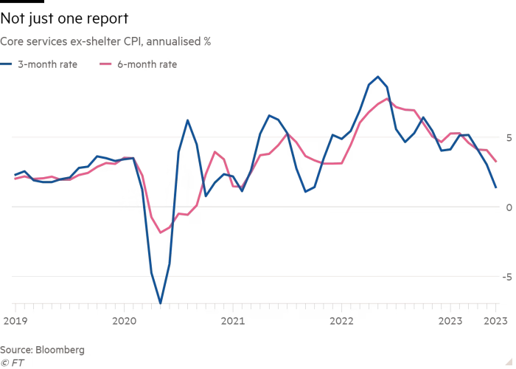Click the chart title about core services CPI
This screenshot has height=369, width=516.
[106, 42]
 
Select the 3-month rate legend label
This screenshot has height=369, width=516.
[48, 64]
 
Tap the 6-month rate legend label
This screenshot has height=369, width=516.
[147, 64]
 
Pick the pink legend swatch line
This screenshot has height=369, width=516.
[105, 64]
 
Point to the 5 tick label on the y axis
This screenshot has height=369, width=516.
[508, 137]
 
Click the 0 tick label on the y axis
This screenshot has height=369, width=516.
[508, 207]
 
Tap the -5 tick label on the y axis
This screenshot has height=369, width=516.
[506, 277]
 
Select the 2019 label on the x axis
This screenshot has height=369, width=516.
[15, 321]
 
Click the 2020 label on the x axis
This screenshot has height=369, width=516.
[124, 321]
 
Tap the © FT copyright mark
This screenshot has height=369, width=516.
[10, 362]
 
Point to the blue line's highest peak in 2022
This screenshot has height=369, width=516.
[378, 77]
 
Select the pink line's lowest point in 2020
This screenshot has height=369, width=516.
[161, 233]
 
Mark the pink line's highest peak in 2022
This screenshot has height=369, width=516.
[387, 100]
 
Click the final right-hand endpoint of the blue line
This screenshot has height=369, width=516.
[496, 188]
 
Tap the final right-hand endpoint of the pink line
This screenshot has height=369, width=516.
[496, 162]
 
